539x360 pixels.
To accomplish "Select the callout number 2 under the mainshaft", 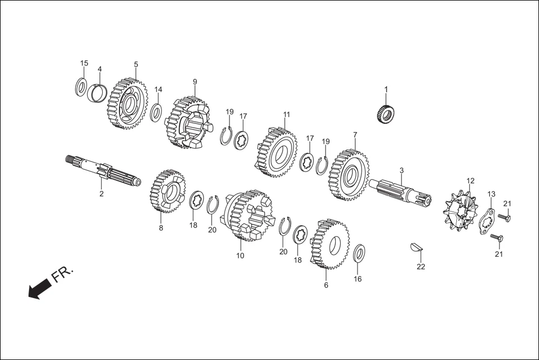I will pos(102,194).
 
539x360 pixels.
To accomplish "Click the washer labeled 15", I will pos(81,87).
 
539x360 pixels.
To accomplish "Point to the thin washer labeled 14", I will pos(157,112).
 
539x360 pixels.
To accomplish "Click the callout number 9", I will pos(195,82).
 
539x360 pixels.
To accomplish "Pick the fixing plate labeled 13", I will pos(487,222).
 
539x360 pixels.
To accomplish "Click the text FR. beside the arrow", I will pos(62,275).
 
